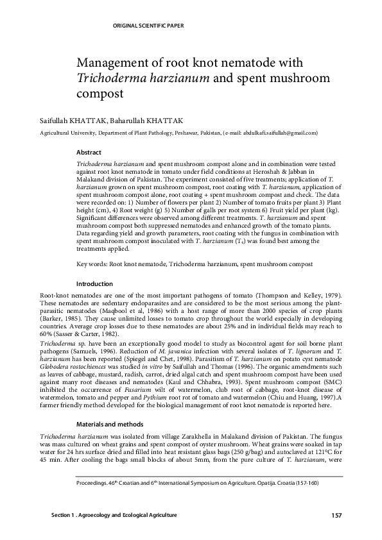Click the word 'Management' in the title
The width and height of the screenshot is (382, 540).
(x=114, y=63)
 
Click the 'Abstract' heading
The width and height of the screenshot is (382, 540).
(x=89, y=153)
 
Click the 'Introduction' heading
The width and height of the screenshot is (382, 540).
(x=94, y=283)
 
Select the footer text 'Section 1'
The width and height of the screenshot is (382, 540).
(x=65, y=516)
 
